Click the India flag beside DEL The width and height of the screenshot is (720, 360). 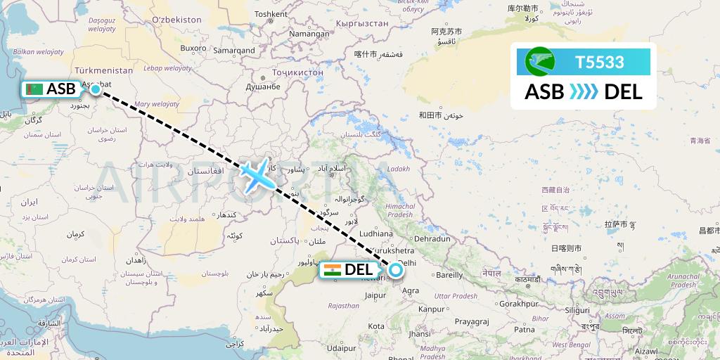332,269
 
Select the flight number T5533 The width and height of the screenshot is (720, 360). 600,62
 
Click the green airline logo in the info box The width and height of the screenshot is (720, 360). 539,62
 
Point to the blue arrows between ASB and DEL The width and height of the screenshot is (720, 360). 584,91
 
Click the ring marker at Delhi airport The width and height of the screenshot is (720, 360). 395,269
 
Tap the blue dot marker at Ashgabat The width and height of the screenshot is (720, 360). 95,89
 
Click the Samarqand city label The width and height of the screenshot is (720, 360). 234,51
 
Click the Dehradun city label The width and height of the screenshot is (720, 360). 432,239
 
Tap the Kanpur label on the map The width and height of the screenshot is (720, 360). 431,309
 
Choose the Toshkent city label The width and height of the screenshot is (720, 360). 271,13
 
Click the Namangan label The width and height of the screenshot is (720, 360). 309,34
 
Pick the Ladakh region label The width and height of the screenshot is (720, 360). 397,169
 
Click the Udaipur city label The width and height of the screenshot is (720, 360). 341,347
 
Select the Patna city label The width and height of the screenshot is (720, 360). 524,328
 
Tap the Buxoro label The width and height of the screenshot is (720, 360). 193,49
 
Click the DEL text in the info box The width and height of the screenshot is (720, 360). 623,91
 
